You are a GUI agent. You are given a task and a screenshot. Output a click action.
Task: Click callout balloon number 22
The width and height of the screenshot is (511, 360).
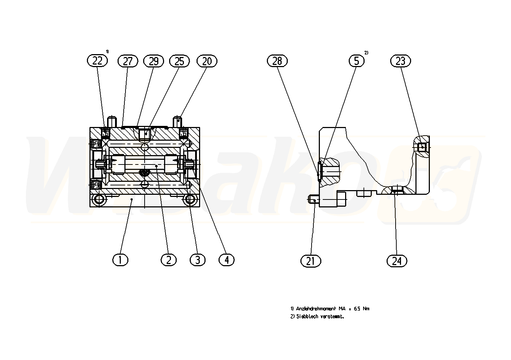tap(97, 61)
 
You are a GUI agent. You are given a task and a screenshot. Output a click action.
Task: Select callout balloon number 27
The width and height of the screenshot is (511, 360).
tap(128, 61)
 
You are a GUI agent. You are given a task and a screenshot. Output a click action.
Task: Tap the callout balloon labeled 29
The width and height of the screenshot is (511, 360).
tap(154, 61)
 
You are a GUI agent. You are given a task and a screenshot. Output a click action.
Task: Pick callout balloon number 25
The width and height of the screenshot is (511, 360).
tap(179, 61)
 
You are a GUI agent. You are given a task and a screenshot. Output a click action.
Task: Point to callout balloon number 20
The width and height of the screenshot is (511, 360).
tap(207, 61)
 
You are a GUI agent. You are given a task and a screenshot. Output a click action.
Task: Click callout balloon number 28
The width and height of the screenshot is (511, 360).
tap(277, 61)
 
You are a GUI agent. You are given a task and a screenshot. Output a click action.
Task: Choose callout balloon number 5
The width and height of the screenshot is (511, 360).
tap(356, 61)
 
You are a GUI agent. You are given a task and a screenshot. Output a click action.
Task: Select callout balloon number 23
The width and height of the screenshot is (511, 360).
tap(400, 61)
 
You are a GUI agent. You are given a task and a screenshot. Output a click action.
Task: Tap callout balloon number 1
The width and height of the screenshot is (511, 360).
tap(120, 260)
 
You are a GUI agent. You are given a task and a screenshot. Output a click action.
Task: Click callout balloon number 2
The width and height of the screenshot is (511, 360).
tap(168, 260)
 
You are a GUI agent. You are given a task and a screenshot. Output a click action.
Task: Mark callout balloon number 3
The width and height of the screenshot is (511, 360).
tap(197, 260)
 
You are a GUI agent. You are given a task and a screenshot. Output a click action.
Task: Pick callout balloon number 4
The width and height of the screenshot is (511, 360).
tap(226, 260)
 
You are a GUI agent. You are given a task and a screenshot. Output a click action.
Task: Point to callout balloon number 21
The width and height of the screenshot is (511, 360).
tap(310, 261)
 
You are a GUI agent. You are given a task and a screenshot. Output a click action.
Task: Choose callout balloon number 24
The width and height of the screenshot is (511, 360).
tap(397, 261)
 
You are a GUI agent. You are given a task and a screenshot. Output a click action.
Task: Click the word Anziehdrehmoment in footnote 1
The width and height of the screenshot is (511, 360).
tap(316, 309)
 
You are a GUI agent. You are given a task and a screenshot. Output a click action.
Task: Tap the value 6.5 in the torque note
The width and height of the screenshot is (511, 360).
tap(357, 309)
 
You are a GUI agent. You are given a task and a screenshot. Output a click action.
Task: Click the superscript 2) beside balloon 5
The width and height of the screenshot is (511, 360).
tap(366, 53)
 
